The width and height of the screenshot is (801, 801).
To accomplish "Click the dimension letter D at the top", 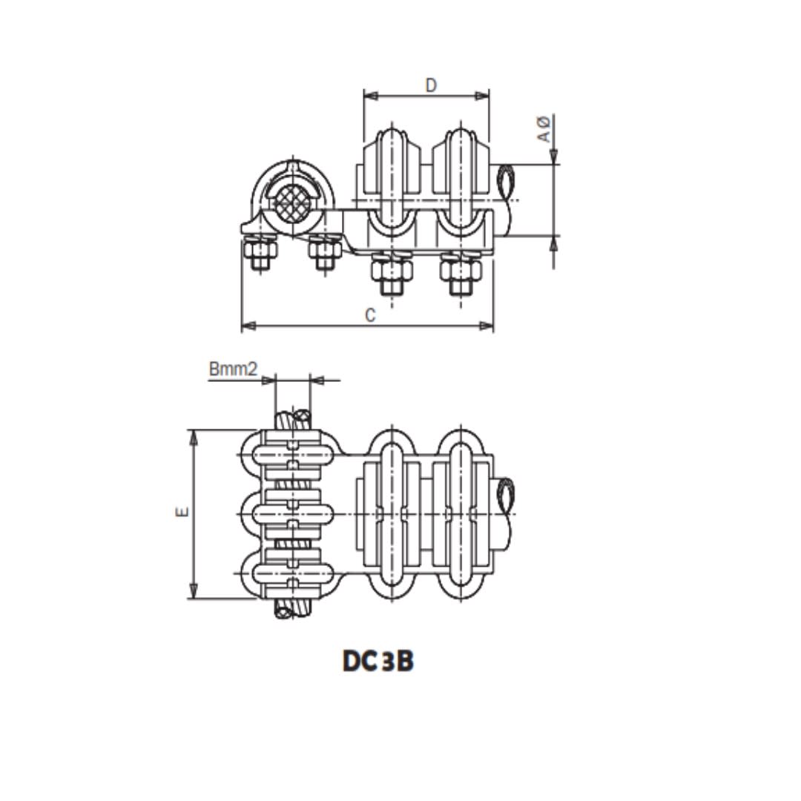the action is point(431,85).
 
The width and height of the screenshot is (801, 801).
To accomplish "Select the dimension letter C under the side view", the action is point(370,315).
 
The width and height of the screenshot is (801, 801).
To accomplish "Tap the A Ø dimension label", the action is point(544,128).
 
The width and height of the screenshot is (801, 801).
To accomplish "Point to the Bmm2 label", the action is point(233,369).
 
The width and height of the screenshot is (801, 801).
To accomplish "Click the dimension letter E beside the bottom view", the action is point(182,511).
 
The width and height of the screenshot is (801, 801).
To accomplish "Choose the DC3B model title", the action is point(378,661).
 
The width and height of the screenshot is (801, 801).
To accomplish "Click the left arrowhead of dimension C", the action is point(248,326).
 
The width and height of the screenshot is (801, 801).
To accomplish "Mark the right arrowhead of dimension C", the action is point(487,326).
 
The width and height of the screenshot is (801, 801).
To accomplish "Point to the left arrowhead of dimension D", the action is point(371,96).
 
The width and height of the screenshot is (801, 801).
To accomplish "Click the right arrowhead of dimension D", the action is point(482,96).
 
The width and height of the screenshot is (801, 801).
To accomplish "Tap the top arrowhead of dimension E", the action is point(193,438).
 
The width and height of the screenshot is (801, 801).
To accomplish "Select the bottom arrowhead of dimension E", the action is point(193,591).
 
